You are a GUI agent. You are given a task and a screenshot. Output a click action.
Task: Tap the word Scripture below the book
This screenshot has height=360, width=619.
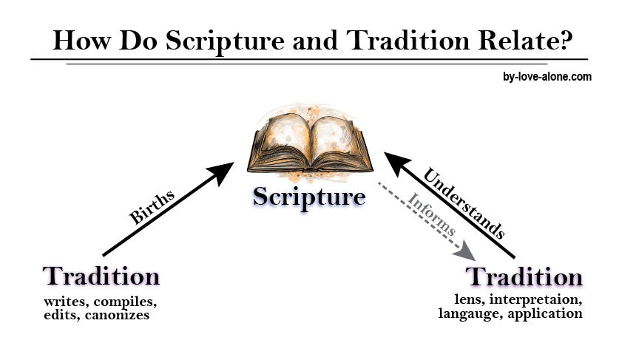[309, 197]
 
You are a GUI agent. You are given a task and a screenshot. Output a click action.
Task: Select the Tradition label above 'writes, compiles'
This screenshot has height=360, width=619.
[101, 276]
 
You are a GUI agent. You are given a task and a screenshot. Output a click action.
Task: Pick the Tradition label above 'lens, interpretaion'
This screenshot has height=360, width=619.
[524, 277]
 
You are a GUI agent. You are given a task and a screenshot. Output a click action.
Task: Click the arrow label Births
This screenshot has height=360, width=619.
[152, 207]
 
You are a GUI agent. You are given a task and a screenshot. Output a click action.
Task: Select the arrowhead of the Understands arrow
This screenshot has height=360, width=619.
[394, 160]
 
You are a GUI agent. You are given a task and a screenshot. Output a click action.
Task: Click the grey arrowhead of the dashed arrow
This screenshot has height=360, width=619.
[465, 251]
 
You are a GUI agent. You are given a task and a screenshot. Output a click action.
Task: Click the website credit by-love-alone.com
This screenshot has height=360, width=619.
[547, 76]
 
